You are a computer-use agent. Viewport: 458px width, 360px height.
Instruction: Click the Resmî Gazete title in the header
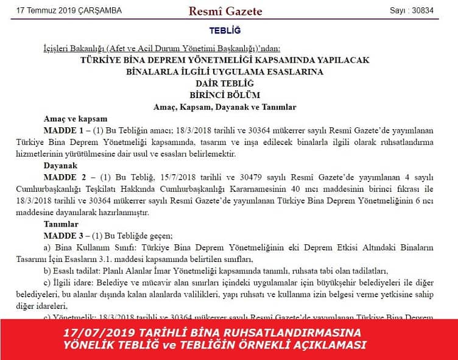pyautogui.click(x=225, y=11)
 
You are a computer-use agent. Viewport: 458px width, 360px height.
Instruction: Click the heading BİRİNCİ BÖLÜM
pyautogui.click(x=225, y=94)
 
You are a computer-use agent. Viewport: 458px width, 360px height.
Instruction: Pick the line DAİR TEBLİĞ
pyautogui.click(x=225, y=83)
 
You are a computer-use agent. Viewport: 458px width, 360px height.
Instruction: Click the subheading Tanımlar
pyautogui.click(x=62, y=224)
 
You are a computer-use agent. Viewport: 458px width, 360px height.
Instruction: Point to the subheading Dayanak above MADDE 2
pyautogui.click(x=61, y=166)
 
